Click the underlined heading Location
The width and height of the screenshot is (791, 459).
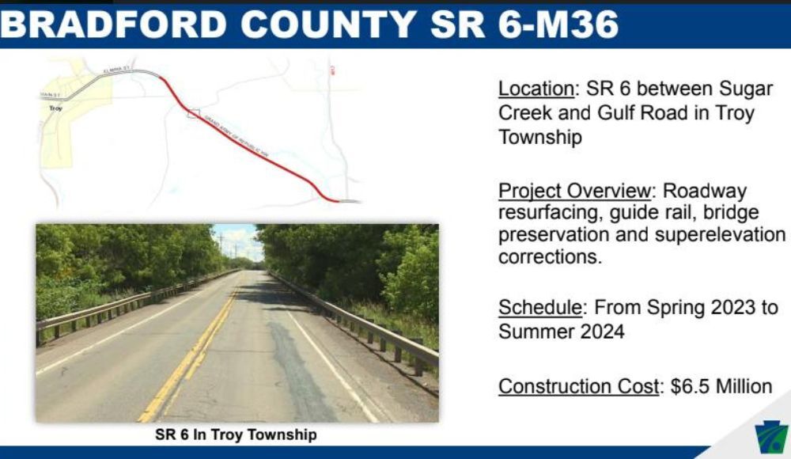(536, 89)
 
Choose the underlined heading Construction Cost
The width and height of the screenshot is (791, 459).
(578, 386)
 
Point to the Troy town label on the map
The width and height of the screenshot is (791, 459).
(55, 108)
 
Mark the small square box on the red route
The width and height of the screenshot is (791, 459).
(192, 113)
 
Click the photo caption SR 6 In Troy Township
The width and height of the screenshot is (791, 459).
(236, 434)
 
